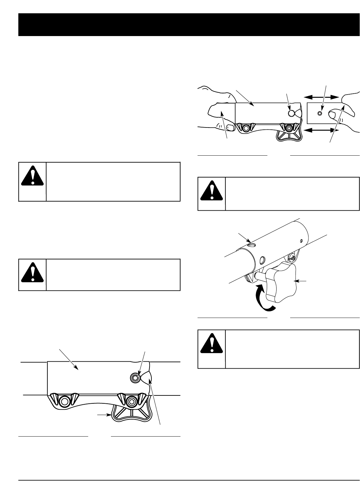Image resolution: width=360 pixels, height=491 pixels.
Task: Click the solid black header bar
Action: (x=189, y=25)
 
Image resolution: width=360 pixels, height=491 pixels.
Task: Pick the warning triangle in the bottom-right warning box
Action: (x=212, y=345)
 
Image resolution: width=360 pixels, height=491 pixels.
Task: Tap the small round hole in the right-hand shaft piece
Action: (x=320, y=114)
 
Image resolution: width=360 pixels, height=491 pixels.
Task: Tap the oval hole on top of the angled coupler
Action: (x=251, y=245)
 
